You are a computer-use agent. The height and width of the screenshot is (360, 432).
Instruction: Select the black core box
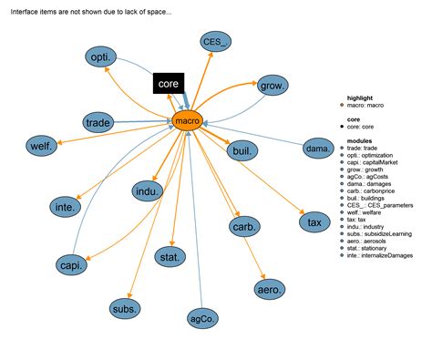168,84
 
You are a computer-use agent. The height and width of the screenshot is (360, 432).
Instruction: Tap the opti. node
101,58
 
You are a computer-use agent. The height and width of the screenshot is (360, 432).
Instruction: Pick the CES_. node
216,42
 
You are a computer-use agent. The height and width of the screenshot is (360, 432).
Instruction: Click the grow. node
273,87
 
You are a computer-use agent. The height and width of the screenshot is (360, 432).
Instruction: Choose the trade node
98,122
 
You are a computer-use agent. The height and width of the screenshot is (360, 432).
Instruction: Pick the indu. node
147,191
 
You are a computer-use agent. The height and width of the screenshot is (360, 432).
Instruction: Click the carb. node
244,226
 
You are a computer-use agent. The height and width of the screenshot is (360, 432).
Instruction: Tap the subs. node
125,309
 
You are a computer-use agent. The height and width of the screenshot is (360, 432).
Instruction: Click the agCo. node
202,319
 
